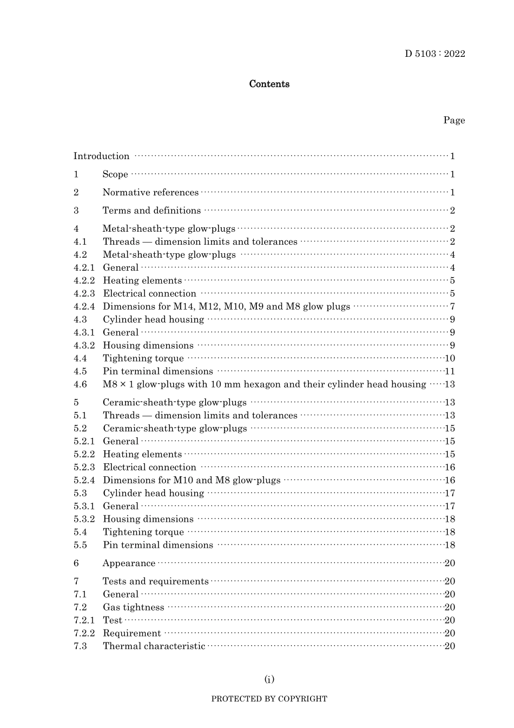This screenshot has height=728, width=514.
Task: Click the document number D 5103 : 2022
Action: pos(434,54)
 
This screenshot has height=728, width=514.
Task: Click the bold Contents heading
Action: pos(269,84)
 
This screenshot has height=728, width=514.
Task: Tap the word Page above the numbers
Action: pos(453,120)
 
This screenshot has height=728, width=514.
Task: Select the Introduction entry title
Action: pos(101,156)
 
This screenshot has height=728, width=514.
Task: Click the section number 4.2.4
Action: pos(84,306)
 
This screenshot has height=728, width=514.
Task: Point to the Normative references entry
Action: pos(150,193)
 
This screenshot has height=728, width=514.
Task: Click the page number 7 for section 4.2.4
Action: pos(452,306)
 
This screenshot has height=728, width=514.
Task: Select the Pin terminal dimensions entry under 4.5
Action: pos(157,371)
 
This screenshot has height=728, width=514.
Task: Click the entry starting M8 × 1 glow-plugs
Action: pos(264,384)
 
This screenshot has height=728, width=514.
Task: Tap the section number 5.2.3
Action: pos(84,467)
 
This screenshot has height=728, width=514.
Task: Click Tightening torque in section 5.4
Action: pos(143,532)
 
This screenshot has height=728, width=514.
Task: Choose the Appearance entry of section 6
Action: pos(129,563)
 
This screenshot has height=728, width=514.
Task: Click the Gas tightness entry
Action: pos(133,607)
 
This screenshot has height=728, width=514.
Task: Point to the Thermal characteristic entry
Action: pos(154,646)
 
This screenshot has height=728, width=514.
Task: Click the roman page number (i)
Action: pos(269,679)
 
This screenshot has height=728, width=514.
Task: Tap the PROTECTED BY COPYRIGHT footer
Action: pos(269,699)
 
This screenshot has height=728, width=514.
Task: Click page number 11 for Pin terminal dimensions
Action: pos(450,371)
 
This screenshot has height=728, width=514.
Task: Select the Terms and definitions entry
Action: pos(151,211)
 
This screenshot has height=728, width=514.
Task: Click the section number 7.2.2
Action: pos(84,633)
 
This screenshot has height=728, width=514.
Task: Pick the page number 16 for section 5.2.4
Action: pos(450,480)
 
